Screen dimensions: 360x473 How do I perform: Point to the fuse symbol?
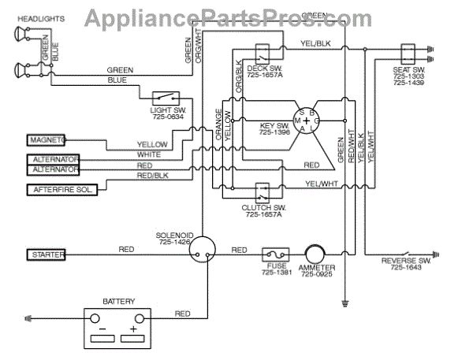click(x=275, y=254)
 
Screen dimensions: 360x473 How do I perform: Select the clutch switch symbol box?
click(x=261, y=193)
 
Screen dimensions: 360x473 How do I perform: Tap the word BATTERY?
click(x=119, y=301)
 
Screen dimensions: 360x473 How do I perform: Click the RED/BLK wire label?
click(x=152, y=176)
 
